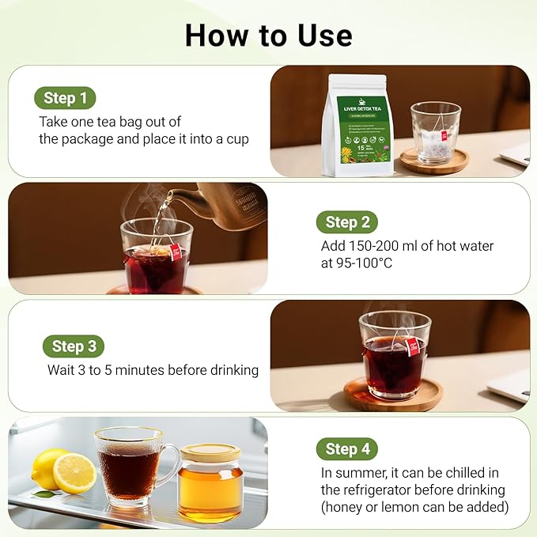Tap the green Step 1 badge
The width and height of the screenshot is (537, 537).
(x=65, y=98)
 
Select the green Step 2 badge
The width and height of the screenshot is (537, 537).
(x=346, y=222)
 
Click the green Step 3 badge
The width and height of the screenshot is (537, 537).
(x=73, y=346)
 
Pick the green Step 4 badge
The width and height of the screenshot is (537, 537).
(x=347, y=448)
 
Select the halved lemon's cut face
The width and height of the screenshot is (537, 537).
(x=75, y=474)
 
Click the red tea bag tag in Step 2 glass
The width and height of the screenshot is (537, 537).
(x=175, y=252)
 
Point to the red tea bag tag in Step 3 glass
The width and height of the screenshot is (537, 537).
(x=411, y=345)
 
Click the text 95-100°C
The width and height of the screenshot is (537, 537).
(x=351, y=263)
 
